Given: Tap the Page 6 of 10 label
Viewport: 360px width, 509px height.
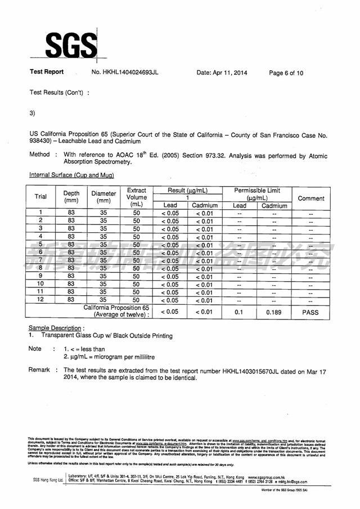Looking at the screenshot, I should (286, 73).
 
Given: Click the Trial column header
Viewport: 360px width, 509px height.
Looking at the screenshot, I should (41, 197).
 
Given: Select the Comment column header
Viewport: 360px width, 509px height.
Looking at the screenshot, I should (310, 198).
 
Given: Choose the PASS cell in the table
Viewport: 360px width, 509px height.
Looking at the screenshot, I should (310, 312).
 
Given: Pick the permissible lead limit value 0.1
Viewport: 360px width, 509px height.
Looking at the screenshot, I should (238, 312).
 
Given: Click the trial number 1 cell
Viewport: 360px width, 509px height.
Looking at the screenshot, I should (41, 213).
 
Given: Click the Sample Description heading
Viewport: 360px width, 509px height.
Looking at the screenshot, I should (56, 328).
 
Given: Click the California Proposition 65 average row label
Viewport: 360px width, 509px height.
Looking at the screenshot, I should (116, 311).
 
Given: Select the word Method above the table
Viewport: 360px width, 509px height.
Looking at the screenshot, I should (39, 154).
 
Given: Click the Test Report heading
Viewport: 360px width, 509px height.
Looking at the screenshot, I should (47, 73).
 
